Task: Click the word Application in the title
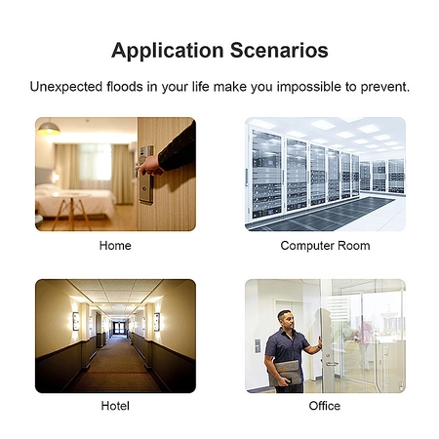coord(167,52)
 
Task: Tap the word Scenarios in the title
coord(279,51)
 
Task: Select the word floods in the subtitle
coord(125,87)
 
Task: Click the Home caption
coord(115,246)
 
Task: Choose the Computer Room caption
coord(325,246)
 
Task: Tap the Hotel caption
coord(115,406)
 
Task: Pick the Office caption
coord(325,406)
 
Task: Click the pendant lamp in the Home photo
coord(49,128)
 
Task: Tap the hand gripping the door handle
coord(150,166)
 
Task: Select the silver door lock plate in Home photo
coord(146,175)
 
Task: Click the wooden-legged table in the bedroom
coord(71,210)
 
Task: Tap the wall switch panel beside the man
coord(258,345)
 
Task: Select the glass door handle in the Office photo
coord(332,364)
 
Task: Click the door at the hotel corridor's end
coord(119,327)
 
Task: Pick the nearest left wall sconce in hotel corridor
coord(76,321)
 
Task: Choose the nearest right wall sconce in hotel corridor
coord(157,322)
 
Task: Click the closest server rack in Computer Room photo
coord(265,174)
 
